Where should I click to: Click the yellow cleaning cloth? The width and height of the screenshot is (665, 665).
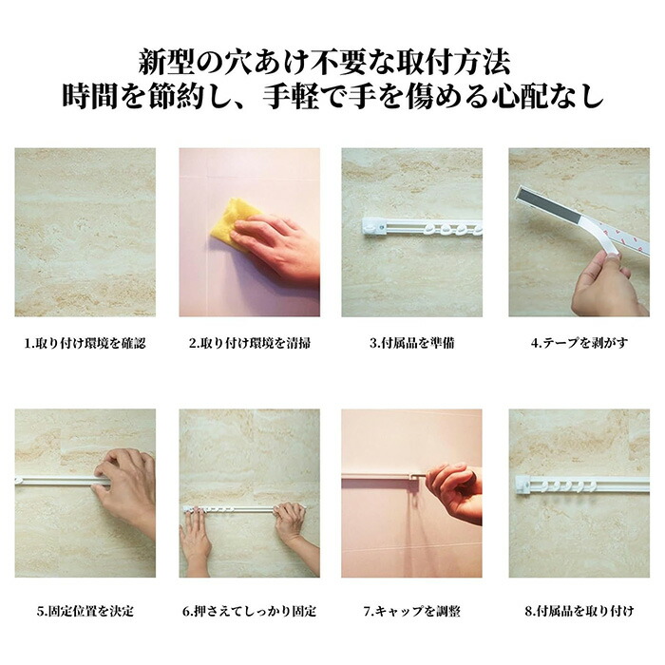[229, 222]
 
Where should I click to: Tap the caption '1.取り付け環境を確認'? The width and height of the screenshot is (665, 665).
[85, 343]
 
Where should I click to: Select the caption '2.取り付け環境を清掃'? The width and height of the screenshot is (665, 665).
[249, 343]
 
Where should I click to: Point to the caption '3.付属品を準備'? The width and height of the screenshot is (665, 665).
[411, 343]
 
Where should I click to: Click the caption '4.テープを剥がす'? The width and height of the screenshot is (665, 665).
[579, 343]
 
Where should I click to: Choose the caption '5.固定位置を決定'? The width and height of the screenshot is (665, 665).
[85, 611]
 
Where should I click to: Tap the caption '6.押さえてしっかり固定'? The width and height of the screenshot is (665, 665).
[249, 611]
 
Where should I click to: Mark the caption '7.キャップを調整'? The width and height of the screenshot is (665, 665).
[411, 611]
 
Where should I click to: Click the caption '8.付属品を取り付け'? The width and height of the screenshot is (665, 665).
[579, 611]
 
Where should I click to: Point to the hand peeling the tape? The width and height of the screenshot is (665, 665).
[606, 284]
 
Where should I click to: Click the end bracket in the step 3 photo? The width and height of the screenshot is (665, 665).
[375, 227]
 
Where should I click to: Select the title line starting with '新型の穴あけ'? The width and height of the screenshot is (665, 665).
[325, 63]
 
